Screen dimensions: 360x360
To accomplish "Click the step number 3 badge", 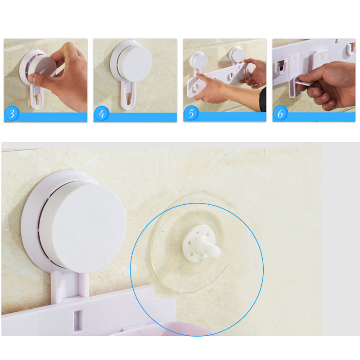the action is pyautogui.click(x=12, y=114).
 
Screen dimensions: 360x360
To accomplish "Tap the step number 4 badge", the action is pyautogui.click(x=101, y=114).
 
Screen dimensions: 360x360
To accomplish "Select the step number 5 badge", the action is pyautogui.click(x=191, y=113).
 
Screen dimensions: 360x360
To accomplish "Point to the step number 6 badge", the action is pyautogui.click(x=280, y=113).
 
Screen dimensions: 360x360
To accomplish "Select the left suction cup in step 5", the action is pyautogui.click(x=198, y=61).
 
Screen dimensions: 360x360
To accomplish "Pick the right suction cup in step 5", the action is pyautogui.click(x=238, y=55).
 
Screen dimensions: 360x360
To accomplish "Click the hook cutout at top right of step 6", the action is pyautogui.click(x=351, y=48).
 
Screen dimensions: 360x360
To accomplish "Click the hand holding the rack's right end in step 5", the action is pyautogui.click(x=254, y=71).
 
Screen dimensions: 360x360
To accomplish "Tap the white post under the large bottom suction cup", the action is pyautogui.click(x=70, y=285).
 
